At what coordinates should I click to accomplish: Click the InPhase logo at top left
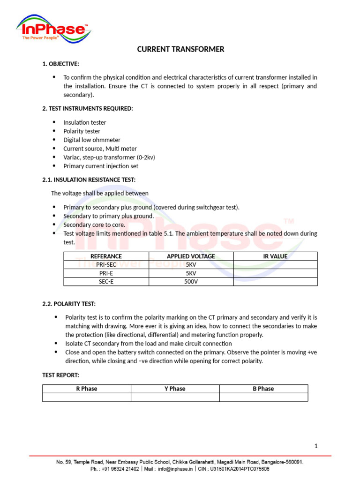(x=53, y=29)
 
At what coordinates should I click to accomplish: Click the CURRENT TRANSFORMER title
(x=180, y=49)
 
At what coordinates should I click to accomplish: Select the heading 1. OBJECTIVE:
(x=60, y=63)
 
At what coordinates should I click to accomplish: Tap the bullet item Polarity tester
(x=82, y=131)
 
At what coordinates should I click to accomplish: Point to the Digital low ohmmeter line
(x=92, y=140)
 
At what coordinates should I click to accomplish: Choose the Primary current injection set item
(x=101, y=166)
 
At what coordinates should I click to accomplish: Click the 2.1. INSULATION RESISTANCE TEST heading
(x=89, y=180)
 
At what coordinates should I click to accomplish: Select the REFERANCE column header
(x=106, y=256)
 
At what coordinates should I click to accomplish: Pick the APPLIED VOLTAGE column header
(x=191, y=256)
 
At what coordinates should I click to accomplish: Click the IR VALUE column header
(x=275, y=256)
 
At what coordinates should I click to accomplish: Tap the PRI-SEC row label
(x=106, y=265)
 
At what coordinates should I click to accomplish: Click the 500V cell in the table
(x=191, y=282)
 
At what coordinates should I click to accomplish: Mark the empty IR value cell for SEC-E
(x=275, y=282)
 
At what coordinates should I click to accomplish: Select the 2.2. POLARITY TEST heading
(x=69, y=304)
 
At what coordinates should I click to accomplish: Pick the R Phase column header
(x=87, y=389)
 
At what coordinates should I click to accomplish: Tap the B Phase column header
(x=263, y=389)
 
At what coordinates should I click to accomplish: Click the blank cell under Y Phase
(x=175, y=397)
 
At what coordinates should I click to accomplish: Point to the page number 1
(x=316, y=446)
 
